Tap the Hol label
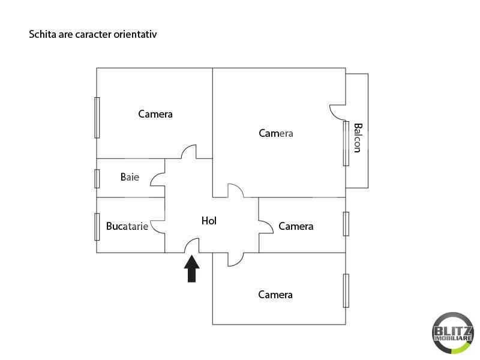point(209,221)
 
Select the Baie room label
point(130,177)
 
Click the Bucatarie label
point(127,226)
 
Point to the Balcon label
point(358,138)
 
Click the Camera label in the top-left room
point(155,113)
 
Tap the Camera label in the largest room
point(276,133)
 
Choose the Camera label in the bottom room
point(275,295)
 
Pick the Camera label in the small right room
point(296,226)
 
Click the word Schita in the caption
point(41,34)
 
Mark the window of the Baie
point(97,178)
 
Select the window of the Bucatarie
point(97,227)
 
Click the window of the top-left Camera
point(97,118)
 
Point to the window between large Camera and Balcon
point(346,143)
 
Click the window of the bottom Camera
point(346,290)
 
